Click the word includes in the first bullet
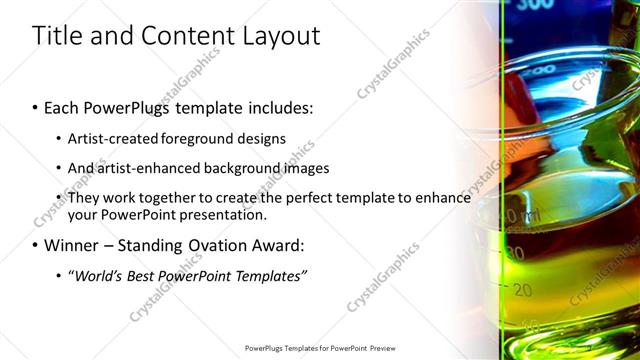(281, 107)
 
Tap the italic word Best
(144, 275)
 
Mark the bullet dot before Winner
(36, 246)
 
